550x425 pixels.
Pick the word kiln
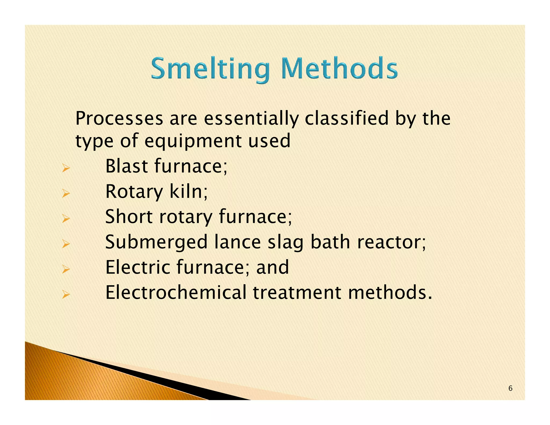tap(188, 191)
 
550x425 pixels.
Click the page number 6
tap(511, 388)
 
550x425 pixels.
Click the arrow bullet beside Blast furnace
tap(66, 168)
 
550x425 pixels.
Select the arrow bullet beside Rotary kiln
tap(66, 193)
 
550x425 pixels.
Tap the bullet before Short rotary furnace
tap(66, 219)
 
